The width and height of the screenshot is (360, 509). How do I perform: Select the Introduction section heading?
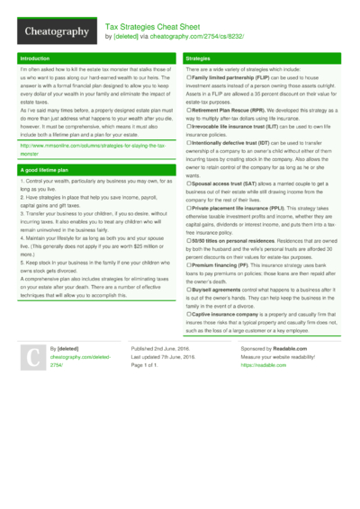36,58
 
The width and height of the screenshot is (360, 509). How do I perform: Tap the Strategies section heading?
201,58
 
